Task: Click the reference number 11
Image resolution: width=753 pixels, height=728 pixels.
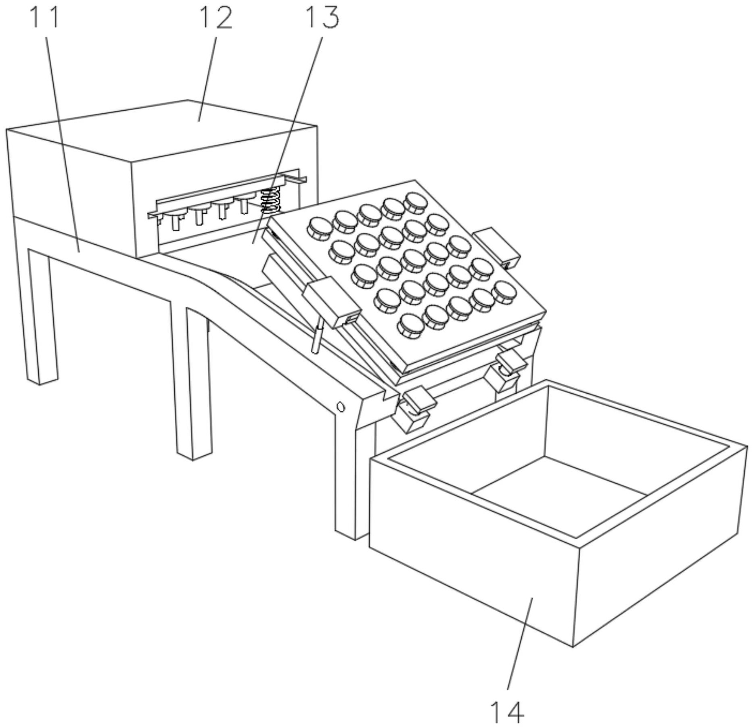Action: tap(45, 18)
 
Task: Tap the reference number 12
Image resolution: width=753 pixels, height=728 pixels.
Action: tap(216, 18)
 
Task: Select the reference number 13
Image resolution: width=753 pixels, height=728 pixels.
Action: tap(322, 18)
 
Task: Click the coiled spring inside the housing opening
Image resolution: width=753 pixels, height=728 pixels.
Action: tap(271, 201)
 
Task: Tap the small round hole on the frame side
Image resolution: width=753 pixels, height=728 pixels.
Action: tap(340, 407)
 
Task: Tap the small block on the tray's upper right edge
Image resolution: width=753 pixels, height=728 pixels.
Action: tap(497, 247)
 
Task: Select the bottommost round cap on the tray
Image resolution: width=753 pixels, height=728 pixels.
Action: tap(410, 325)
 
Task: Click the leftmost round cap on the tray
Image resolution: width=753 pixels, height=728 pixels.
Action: tap(320, 228)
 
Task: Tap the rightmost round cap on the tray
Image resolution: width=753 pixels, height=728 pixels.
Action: tap(504, 292)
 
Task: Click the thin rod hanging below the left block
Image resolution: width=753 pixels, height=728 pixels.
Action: tap(317, 336)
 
